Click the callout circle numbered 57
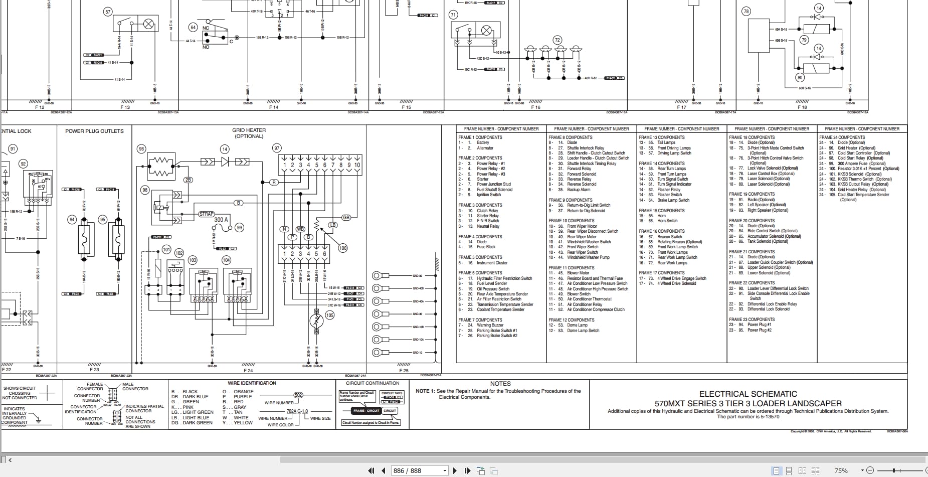pos(108,12)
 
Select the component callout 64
pos(193,27)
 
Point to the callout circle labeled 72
pos(557,40)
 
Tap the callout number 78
pos(746,12)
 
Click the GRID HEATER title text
pos(249,130)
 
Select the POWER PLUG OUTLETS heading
pos(94,131)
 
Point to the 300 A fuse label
pos(221,220)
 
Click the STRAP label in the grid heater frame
pos(207,214)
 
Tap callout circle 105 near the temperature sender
pos(329,315)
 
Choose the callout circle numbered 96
pos(141,149)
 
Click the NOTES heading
pos(500,384)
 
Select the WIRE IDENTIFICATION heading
pos(252,383)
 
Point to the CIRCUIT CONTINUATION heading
pos(372,383)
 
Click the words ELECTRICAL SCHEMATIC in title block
pos(748,394)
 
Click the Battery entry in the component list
pos(483,142)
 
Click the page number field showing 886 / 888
pos(407,470)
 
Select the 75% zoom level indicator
pos(841,470)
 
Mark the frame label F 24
pos(248,371)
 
